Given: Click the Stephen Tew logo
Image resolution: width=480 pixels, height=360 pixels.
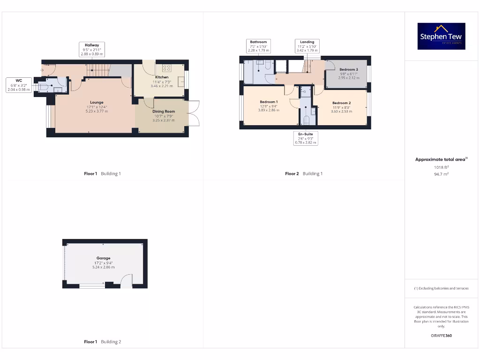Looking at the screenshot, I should (x=441, y=36).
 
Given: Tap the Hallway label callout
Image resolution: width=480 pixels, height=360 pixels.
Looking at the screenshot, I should (x=91, y=49).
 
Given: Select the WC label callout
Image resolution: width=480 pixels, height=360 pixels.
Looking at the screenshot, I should (x=19, y=85).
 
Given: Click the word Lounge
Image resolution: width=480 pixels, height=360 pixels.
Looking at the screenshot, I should (x=97, y=102).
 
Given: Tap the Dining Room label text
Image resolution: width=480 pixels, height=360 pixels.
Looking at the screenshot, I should (x=163, y=112).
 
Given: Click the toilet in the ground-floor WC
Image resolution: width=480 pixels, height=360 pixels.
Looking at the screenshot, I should (x=45, y=86).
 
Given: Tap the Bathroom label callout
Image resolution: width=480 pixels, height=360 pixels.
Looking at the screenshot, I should (x=258, y=46).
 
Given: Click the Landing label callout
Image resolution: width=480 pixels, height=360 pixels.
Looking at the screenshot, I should (x=307, y=46).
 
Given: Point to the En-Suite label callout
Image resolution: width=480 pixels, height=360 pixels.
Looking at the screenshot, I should (x=306, y=138).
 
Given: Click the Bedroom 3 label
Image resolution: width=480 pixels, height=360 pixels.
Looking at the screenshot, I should (x=348, y=70).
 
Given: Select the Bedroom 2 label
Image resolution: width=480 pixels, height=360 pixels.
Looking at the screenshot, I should (x=341, y=103).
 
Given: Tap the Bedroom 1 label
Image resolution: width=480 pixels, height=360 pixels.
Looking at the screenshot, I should (x=269, y=102).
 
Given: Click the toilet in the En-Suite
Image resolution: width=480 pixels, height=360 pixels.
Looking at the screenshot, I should (x=306, y=120).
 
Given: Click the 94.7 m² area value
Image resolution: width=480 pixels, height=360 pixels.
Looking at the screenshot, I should (x=441, y=173).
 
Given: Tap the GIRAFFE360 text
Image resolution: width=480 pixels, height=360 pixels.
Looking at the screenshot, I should (x=441, y=336).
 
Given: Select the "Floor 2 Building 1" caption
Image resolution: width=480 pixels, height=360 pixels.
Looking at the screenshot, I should (x=304, y=173).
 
